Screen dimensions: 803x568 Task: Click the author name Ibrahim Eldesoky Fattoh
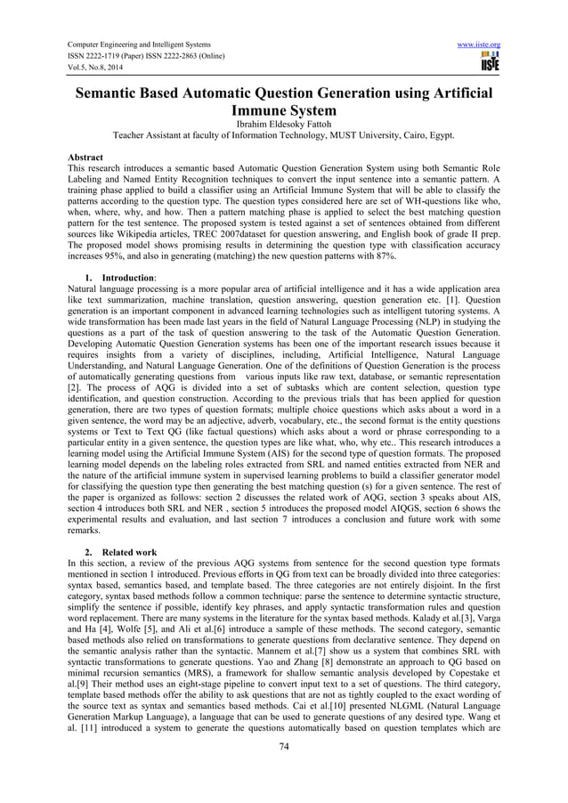click(x=284, y=126)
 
